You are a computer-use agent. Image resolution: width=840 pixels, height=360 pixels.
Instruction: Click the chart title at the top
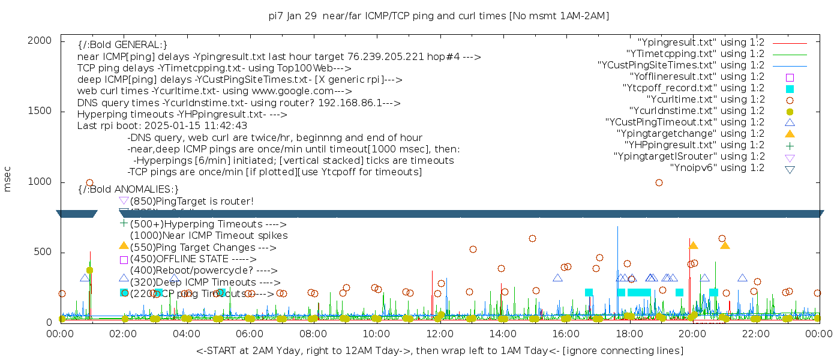click(439, 16)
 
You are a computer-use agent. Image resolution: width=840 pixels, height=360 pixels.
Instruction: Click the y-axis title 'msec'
click(8, 179)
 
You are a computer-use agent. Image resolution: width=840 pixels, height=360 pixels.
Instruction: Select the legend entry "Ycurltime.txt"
click(706, 100)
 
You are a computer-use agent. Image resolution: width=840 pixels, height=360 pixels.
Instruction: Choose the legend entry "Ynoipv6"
click(717, 168)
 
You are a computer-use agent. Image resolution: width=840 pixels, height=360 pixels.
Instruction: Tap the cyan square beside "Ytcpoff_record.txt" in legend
click(790, 88)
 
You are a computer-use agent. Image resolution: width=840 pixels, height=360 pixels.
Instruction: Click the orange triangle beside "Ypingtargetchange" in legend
click(790, 134)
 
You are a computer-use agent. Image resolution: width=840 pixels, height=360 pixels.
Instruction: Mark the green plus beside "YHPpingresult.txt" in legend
click(790, 145)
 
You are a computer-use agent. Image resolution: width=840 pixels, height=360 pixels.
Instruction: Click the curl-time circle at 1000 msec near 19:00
click(659, 182)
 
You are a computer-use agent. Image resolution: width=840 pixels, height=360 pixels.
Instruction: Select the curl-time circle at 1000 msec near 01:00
click(89, 182)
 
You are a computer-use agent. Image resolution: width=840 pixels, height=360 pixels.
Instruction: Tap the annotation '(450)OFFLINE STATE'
click(180, 259)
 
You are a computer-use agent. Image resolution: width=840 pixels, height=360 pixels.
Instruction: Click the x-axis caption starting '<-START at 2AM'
click(439, 350)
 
